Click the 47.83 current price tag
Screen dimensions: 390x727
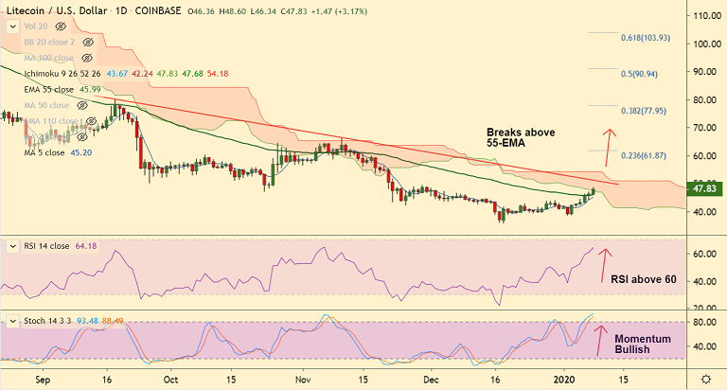coord(704,189)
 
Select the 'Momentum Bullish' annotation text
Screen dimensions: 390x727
coord(644,345)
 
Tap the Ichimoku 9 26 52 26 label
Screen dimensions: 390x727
coord(63,73)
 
